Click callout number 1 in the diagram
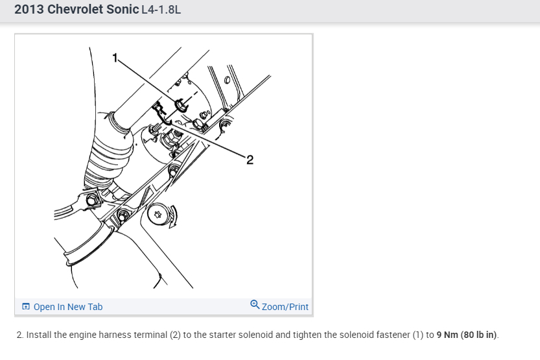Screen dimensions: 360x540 [x=115, y=57]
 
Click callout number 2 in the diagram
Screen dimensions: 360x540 [x=250, y=160]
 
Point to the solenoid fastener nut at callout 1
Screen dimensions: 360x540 [x=180, y=103]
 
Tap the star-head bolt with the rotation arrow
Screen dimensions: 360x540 [x=157, y=214]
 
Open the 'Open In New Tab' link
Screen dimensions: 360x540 [x=67, y=307]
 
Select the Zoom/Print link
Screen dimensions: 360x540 [x=285, y=307]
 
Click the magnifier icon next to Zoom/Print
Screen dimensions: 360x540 [x=255, y=304]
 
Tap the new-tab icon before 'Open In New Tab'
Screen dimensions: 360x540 [x=26, y=307]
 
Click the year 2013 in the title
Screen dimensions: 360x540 [x=30, y=10]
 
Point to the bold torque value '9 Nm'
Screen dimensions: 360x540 [x=447, y=335]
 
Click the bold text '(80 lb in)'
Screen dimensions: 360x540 [x=479, y=335]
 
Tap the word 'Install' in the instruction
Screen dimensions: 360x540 [x=40, y=335]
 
